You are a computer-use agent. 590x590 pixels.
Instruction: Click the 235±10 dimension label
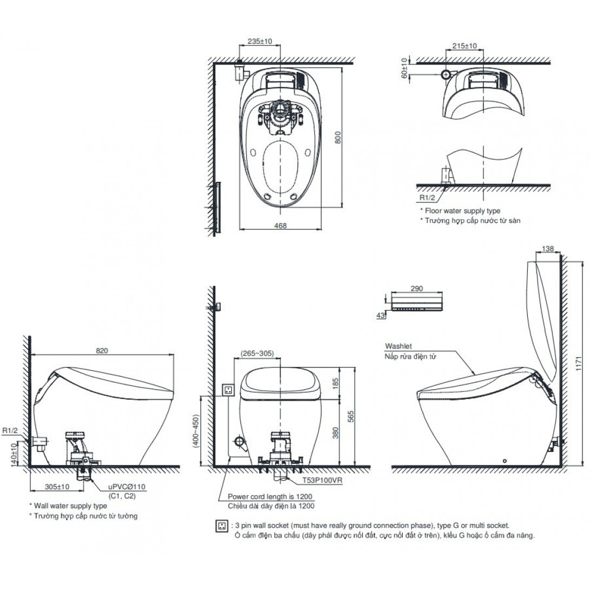pyautogui.click(x=260, y=41)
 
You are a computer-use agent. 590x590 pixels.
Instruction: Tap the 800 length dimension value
pyautogui.click(x=338, y=137)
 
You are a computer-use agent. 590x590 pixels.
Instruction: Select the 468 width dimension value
pyautogui.click(x=280, y=226)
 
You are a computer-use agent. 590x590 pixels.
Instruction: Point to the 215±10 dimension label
pyautogui.click(x=464, y=46)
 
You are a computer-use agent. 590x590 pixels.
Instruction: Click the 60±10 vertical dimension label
pyautogui.click(x=404, y=68)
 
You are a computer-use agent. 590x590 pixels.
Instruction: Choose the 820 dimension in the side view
pyautogui.click(x=102, y=351)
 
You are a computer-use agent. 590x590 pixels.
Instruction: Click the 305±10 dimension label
pyautogui.click(x=57, y=487)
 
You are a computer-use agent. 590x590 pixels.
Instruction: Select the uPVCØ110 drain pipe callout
pyautogui.click(x=127, y=487)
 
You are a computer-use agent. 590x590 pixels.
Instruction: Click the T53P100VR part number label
pyautogui.click(x=323, y=480)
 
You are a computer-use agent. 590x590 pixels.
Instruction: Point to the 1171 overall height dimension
pyautogui.click(x=579, y=363)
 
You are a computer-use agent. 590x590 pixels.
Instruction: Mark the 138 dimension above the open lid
pyautogui.click(x=548, y=248)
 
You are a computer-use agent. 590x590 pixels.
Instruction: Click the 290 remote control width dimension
pyautogui.click(x=417, y=289)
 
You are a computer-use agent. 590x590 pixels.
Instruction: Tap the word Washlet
pyautogui.click(x=398, y=346)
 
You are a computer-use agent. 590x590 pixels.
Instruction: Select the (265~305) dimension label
pyautogui.click(x=257, y=353)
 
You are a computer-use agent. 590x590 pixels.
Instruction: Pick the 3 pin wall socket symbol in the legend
pyautogui.click(x=222, y=526)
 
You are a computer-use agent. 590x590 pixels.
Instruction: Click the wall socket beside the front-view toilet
pyautogui.click(x=228, y=389)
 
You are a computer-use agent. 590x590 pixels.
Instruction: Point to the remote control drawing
pyautogui.click(x=417, y=302)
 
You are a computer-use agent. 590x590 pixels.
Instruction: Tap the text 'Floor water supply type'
pyautogui.click(x=462, y=211)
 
